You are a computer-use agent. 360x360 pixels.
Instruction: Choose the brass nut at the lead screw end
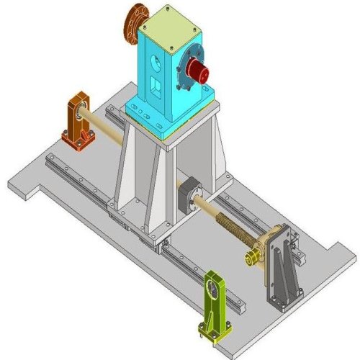point(252,256)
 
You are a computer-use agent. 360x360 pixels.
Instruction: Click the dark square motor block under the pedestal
point(185,197)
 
